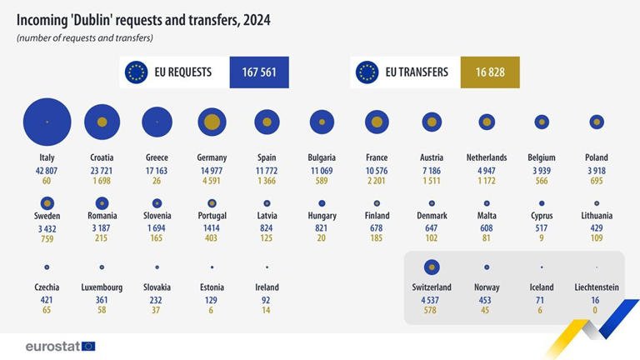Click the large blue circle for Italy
pos(47,122)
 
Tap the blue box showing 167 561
pos(259,72)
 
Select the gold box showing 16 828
pos(490,72)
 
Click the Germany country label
pos(212,157)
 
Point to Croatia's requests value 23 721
pos(102,171)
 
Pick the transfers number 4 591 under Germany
pos(212,180)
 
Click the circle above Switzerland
pos(432,267)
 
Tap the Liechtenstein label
pos(597,287)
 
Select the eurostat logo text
pos(52,347)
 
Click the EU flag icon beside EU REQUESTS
pos(137,72)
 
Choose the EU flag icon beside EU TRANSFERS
pos(367,72)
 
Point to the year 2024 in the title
pos(257,20)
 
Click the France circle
pos(377,122)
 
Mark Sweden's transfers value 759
pos(47,239)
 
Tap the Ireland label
pos(267,287)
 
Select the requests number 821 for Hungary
pos(321,228)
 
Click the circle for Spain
pos(267,122)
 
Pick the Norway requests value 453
pos(485,300)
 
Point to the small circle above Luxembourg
pos(102,267)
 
